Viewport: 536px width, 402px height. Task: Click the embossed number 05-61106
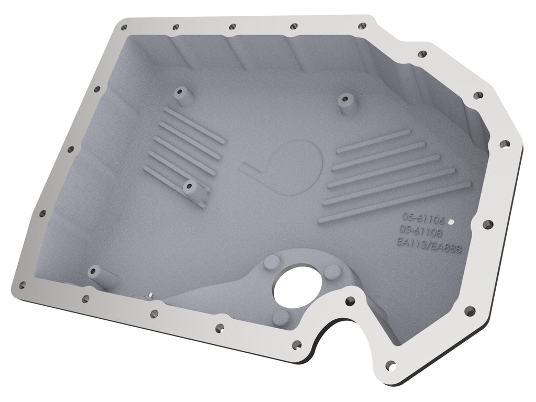click(x=422, y=217)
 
